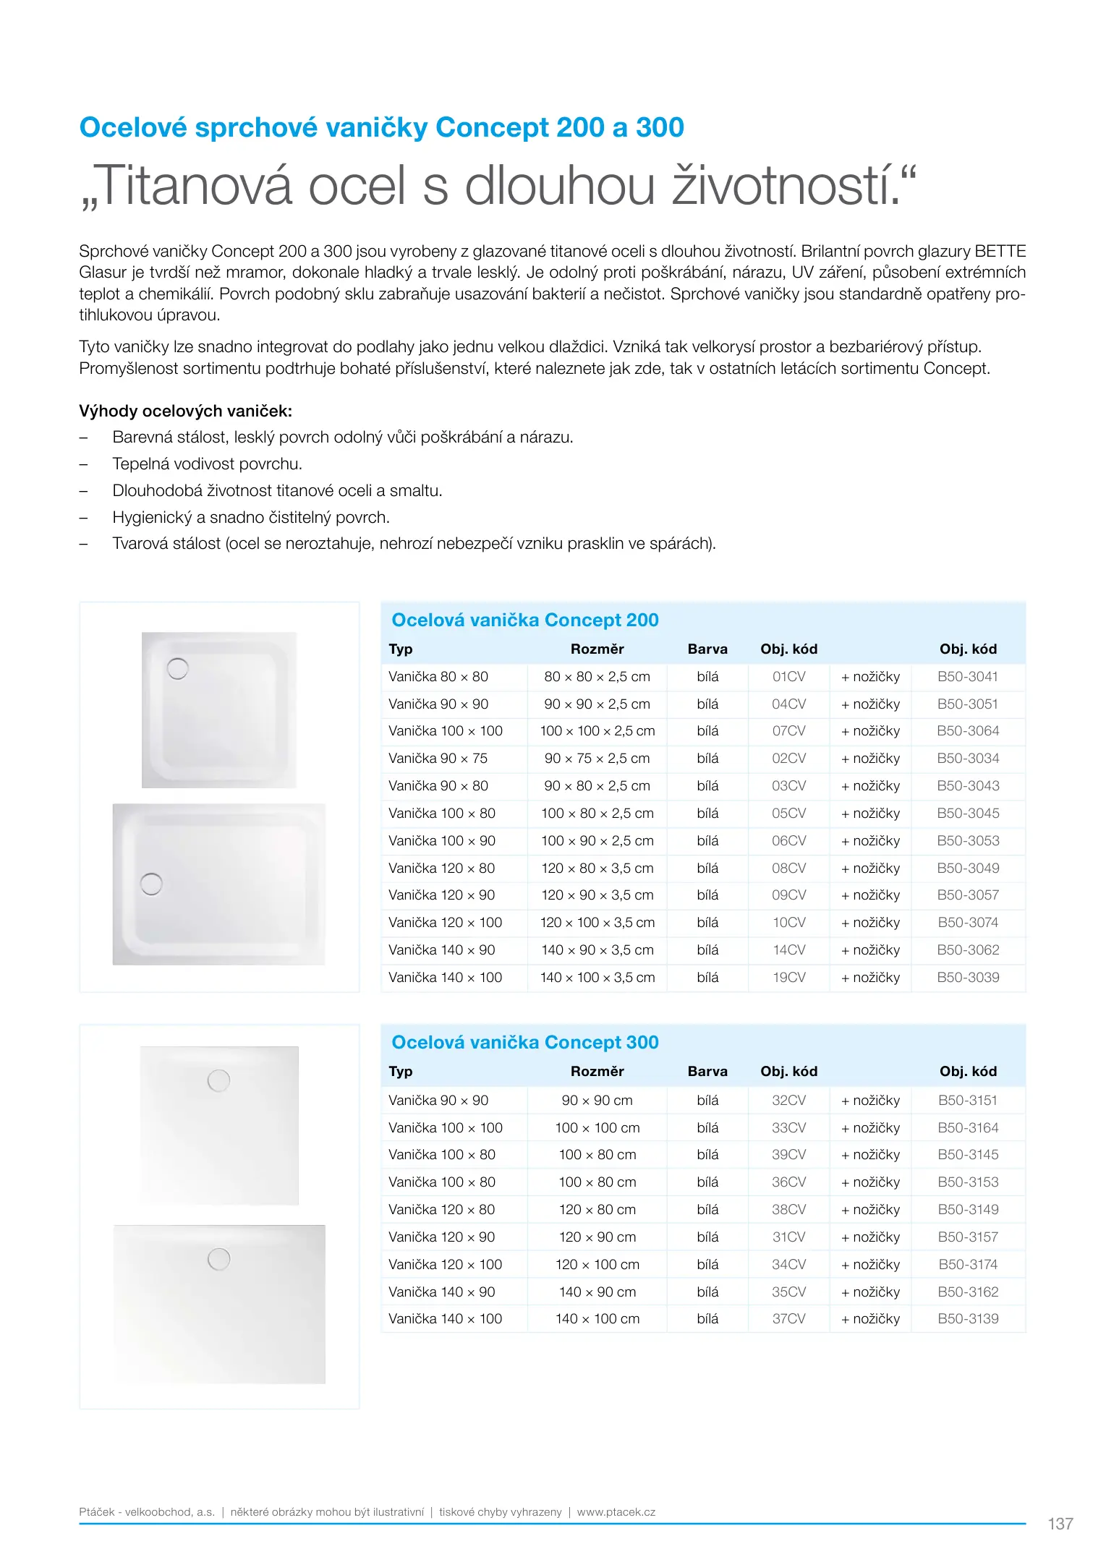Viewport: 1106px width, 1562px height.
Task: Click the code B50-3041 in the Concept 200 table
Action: (x=967, y=677)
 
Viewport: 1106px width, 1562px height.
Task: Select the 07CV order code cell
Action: (x=788, y=731)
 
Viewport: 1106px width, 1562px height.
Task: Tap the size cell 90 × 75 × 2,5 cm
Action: (x=597, y=759)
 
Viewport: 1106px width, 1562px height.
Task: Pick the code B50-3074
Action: (x=967, y=923)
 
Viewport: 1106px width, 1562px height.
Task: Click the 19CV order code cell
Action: (x=788, y=978)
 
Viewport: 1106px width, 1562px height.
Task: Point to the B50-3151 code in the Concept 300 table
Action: (x=967, y=1101)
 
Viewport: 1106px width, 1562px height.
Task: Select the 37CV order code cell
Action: (x=788, y=1319)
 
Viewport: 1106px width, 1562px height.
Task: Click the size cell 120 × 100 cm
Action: (x=597, y=1265)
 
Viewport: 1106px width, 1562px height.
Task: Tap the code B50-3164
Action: (x=967, y=1128)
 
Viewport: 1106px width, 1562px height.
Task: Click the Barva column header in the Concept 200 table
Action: (x=707, y=649)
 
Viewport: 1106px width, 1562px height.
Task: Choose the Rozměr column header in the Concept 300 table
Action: (x=597, y=1072)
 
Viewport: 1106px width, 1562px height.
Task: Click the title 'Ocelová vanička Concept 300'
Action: (x=524, y=1043)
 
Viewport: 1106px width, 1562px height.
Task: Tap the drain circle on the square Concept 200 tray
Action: (x=178, y=669)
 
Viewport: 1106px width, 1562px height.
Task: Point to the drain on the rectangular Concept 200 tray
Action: (x=151, y=884)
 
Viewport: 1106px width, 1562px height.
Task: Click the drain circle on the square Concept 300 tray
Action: (x=218, y=1080)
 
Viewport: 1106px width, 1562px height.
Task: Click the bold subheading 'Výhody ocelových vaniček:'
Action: (x=185, y=411)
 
